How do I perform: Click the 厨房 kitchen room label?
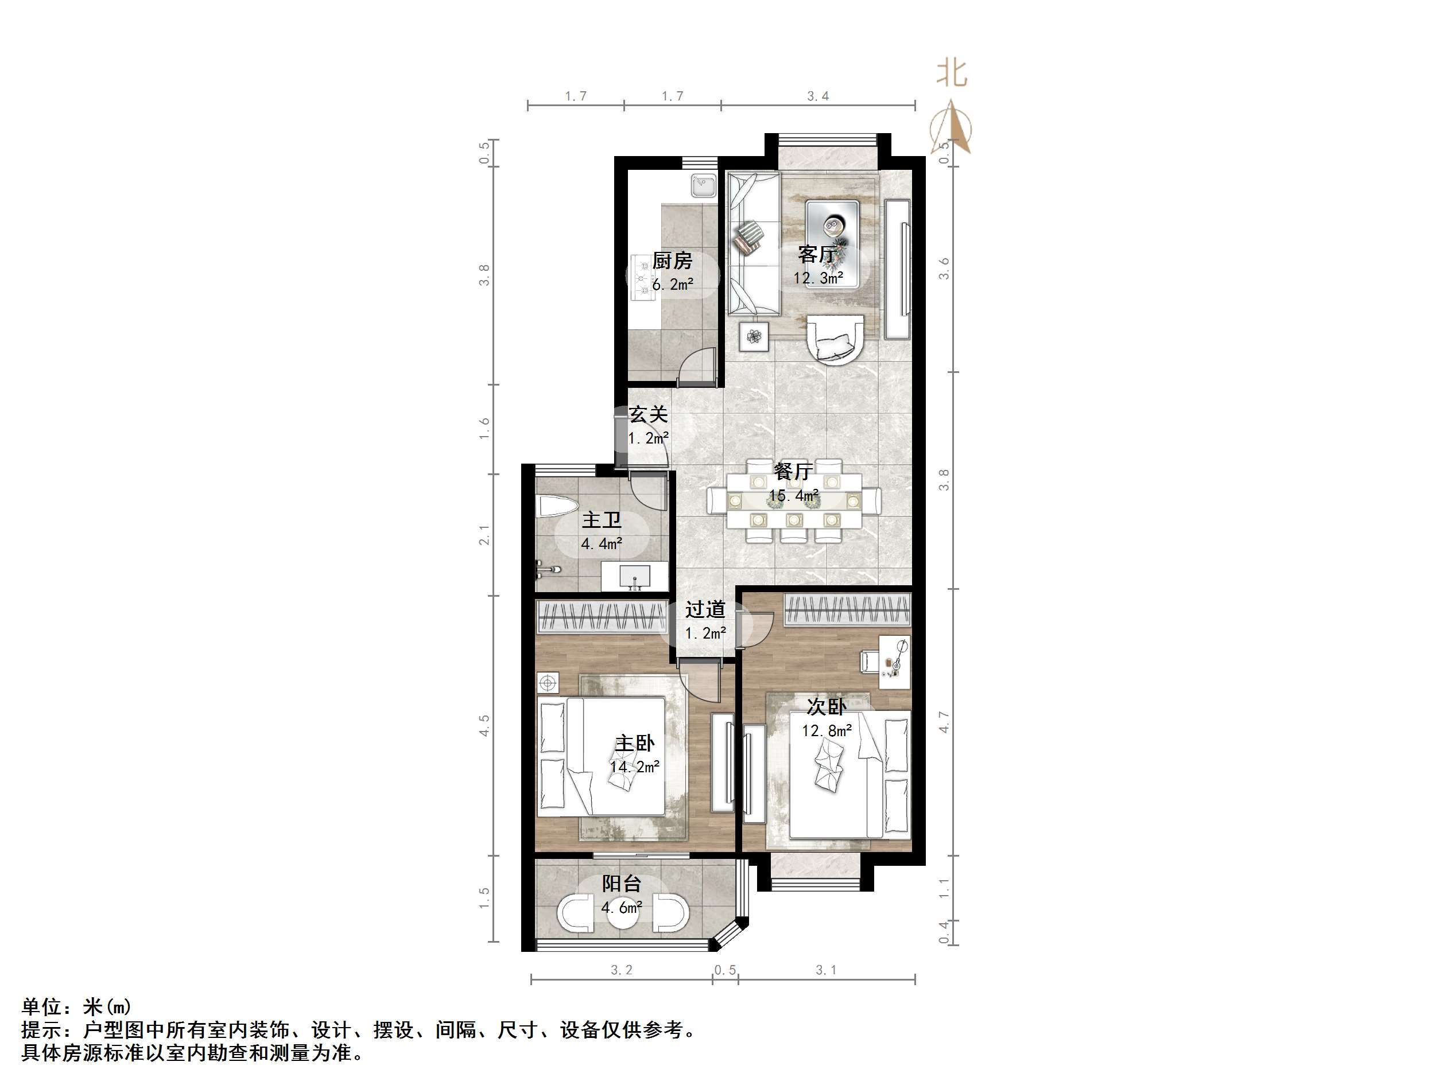click(672, 261)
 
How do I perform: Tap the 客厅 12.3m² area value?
click(818, 278)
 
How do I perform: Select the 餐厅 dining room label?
click(793, 472)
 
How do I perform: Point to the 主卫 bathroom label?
click(601, 520)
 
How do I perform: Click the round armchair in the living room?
click(835, 337)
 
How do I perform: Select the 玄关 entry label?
click(647, 415)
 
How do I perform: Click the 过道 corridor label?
click(705, 609)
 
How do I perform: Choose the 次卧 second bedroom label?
click(826, 707)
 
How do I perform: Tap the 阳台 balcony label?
click(622, 884)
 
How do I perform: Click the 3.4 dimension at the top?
click(818, 96)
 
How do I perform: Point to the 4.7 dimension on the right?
click(943, 721)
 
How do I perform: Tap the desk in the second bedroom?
click(894, 661)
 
